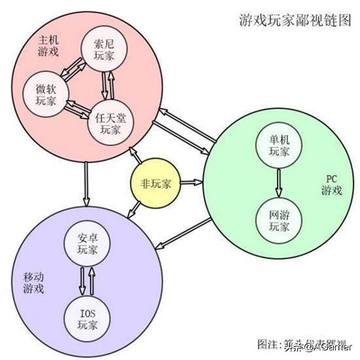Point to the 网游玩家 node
click(278, 221)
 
